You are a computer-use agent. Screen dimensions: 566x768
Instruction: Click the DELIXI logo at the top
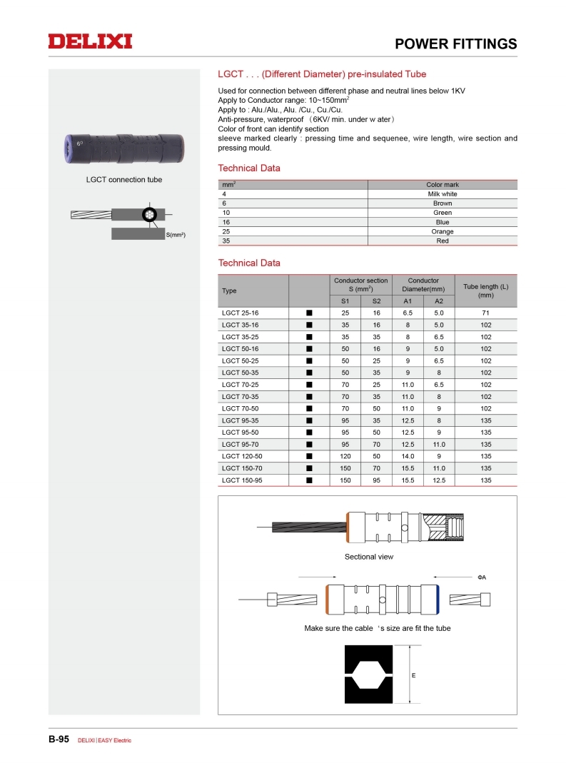[x=90, y=41]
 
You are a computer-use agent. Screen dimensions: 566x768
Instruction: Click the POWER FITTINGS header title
[x=456, y=44]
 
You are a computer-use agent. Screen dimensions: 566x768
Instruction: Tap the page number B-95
[x=59, y=739]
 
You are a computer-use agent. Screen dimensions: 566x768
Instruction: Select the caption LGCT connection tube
[x=124, y=180]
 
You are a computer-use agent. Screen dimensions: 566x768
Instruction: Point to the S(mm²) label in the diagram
[x=176, y=235]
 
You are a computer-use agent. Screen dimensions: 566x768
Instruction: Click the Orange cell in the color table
[x=443, y=232]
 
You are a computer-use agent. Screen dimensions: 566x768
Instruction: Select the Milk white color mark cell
[x=443, y=194]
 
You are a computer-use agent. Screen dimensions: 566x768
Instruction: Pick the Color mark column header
[x=443, y=185]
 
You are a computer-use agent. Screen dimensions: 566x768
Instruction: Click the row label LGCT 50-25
[x=240, y=361]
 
